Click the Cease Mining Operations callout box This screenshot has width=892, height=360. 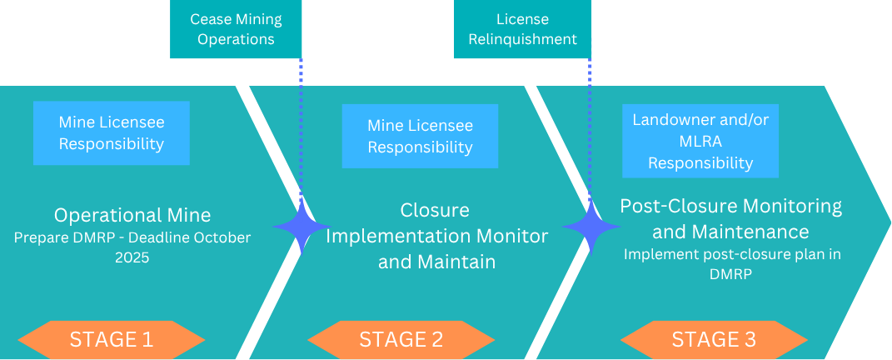(x=236, y=29)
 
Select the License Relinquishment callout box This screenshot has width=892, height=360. (x=522, y=29)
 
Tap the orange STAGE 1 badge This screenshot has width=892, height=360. (x=112, y=340)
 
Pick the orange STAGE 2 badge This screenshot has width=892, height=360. (x=401, y=340)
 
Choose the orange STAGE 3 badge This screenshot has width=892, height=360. (x=714, y=340)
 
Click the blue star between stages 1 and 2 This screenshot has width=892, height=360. (x=301, y=227)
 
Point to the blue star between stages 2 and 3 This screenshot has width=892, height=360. (x=591, y=227)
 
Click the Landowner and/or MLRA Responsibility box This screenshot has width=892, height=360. (x=700, y=141)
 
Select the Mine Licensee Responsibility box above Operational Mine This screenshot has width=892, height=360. (x=111, y=133)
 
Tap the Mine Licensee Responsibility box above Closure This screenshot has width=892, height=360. (x=420, y=136)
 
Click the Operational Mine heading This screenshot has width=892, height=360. (x=132, y=215)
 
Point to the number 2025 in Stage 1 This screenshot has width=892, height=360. (x=132, y=258)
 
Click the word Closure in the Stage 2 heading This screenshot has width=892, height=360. (x=435, y=210)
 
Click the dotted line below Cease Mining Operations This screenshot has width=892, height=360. (x=301, y=125)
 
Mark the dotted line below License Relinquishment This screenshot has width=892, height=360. (x=591, y=125)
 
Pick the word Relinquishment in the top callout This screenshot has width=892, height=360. (x=522, y=39)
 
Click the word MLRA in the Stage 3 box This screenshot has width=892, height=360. (x=700, y=141)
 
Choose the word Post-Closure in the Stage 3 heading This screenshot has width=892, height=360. (x=676, y=206)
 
